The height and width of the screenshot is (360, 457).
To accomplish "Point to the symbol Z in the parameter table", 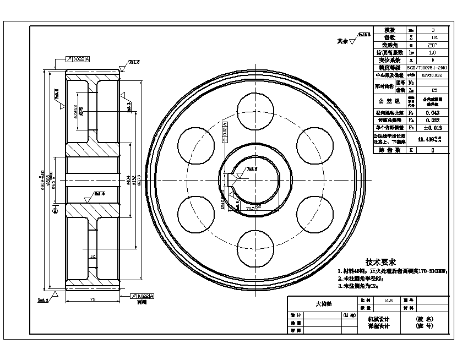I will coord(411,37).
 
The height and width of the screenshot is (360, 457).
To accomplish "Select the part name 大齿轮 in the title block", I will coord(322,303).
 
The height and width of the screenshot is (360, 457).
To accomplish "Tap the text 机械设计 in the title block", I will coord(378,319).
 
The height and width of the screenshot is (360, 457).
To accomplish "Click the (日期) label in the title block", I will coord(349,315).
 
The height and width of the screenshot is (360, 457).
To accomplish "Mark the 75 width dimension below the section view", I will coord(92,299).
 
